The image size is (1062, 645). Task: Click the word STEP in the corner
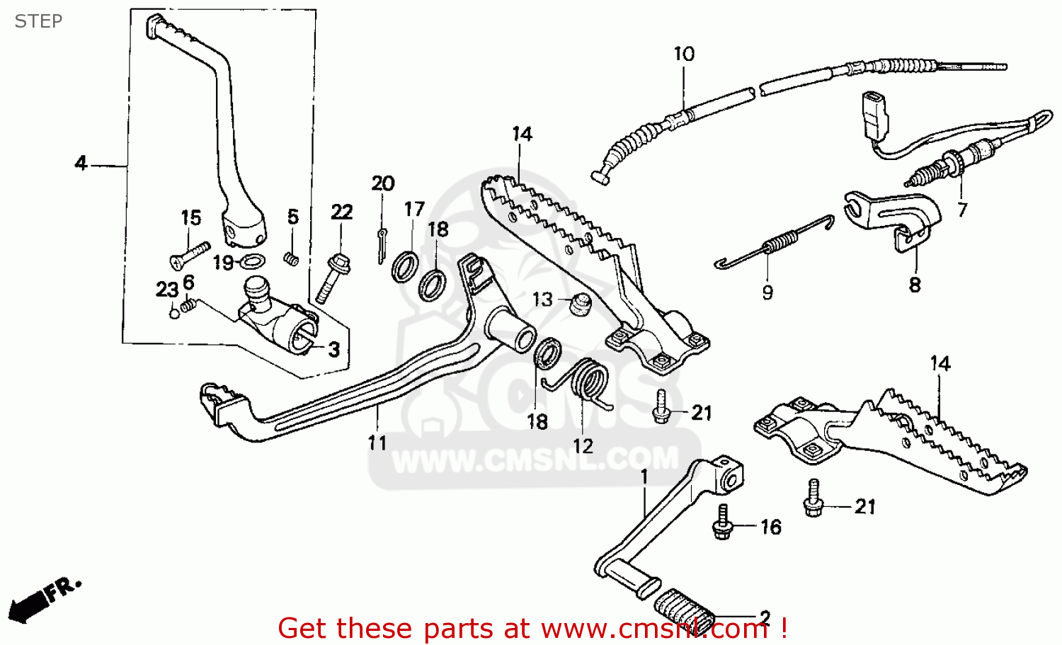tap(38, 21)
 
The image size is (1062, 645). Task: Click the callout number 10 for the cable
tap(683, 54)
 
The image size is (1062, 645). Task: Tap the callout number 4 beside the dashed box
tap(81, 164)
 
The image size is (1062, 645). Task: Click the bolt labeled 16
tap(722, 524)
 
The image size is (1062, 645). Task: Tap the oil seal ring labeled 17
tap(405, 266)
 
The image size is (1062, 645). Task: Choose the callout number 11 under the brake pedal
tap(377, 443)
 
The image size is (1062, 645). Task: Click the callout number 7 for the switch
tap(961, 210)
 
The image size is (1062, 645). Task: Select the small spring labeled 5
tap(290, 258)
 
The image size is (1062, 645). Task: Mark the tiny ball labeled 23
tap(174, 312)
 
